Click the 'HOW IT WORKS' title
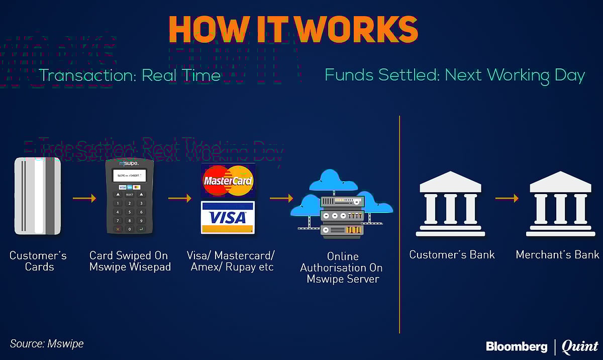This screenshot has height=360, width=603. coord(293,29)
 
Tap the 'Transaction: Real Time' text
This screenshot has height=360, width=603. coord(130,75)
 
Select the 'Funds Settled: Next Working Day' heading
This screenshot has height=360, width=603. coord(455,75)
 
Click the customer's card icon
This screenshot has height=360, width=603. coord(38,196)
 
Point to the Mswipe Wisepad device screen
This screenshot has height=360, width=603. coord(129,175)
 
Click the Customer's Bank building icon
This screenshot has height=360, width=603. coord(450,204)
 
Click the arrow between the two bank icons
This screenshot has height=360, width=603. coord(507,199)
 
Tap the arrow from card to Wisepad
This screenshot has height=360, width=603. coord(84,199)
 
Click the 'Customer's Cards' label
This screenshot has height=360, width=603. coord(38,261)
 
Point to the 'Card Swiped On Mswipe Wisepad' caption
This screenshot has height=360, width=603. coord(130,261)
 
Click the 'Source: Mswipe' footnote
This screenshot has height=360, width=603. coord(47,344)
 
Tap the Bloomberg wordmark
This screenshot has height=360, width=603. coord(516,346)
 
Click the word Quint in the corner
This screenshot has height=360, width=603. coord(579,346)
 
